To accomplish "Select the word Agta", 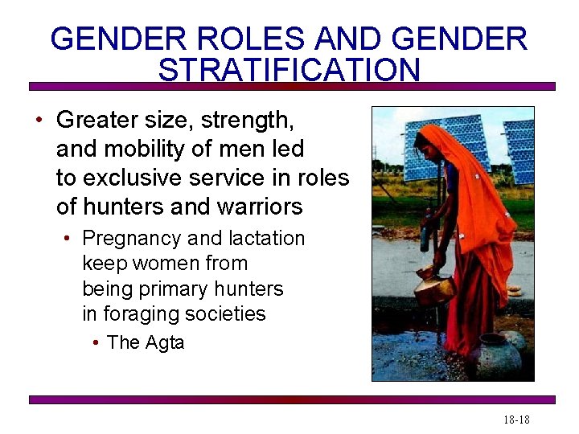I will point(165,342).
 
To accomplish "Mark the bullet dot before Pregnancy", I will point(71,240).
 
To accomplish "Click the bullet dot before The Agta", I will point(96,343).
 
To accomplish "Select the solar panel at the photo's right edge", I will point(519,153).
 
